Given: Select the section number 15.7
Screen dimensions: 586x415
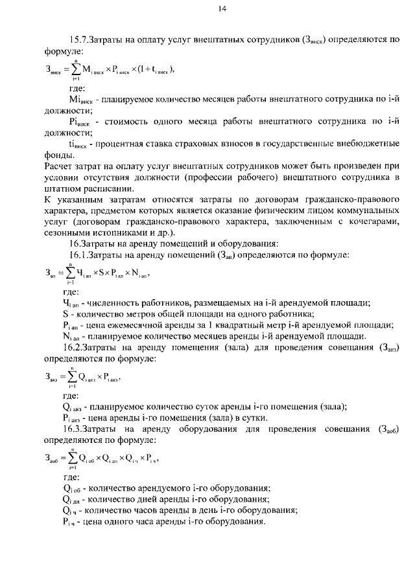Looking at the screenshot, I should tap(81, 39).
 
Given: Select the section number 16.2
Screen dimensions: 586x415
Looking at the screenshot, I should tap(81, 346).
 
